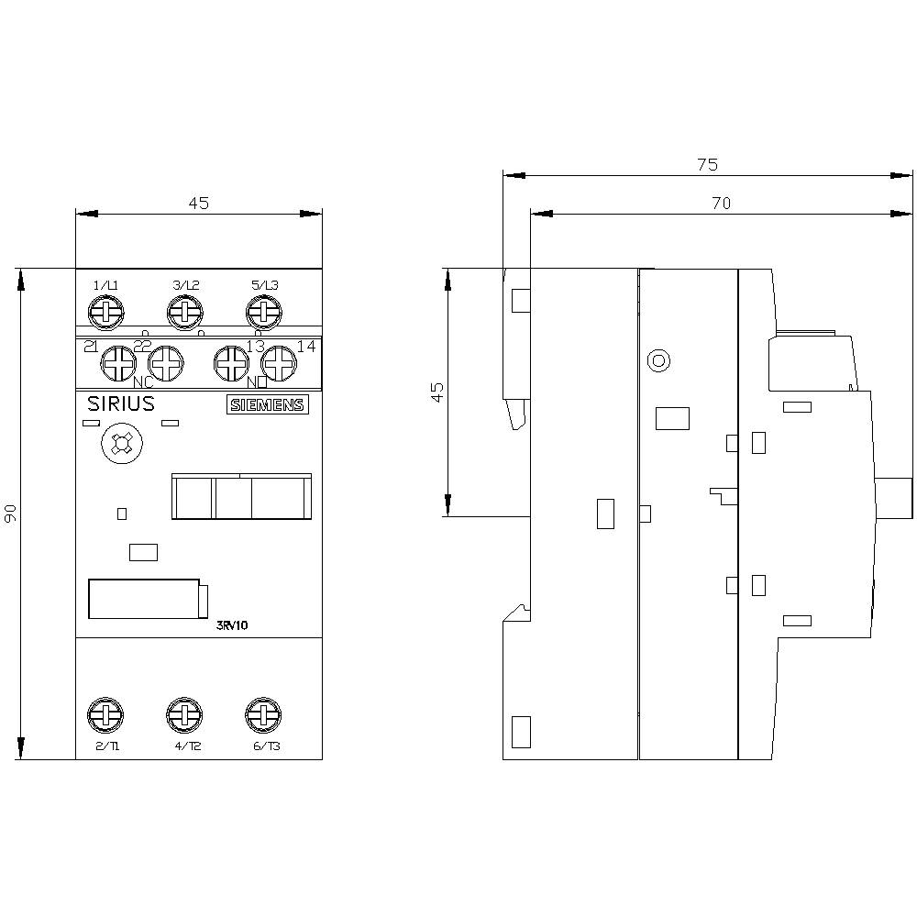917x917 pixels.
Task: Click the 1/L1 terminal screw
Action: pyautogui.click(x=106, y=314)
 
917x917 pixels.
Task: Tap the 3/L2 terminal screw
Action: pyautogui.click(x=184, y=314)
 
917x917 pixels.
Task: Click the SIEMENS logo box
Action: pyautogui.click(x=267, y=405)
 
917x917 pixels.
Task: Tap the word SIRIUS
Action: pyautogui.click(x=120, y=404)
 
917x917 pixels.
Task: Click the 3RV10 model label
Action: pyautogui.click(x=232, y=625)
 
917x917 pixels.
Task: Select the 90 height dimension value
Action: pyautogui.click(x=10, y=514)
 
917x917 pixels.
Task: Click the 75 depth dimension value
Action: pyautogui.click(x=706, y=165)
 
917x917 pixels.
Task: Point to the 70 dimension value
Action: pyautogui.click(x=721, y=204)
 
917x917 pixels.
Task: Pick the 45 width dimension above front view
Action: pyautogui.click(x=199, y=204)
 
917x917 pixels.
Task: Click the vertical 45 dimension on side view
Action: pyautogui.click(x=437, y=392)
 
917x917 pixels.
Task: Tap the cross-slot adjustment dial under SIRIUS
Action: pyautogui.click(x=118, y=446)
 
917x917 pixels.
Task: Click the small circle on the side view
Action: pyautogui.click(x=657, y=360)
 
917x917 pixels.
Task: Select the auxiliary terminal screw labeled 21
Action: pyautogui.click(x=118, y=363)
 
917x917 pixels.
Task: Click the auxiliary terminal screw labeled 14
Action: pyautogui.click(x=276, y=363)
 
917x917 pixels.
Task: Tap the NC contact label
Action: pyautogui.click(x=143, y=381)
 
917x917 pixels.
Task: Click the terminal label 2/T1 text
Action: pyautogui.click(x=107, y=746)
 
